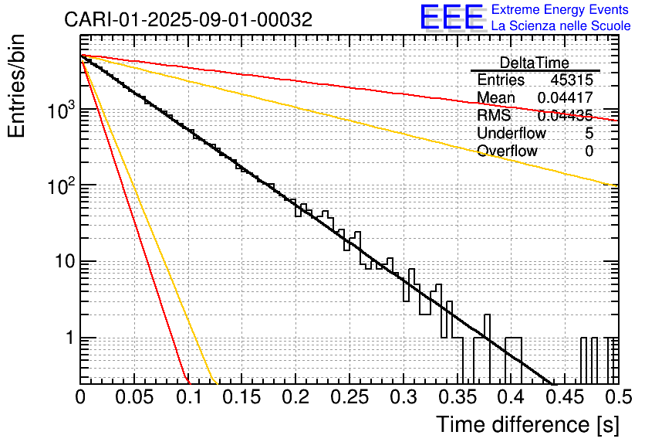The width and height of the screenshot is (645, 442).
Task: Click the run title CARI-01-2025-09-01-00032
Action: (x=188, y=20)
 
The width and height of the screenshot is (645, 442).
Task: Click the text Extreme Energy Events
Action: (x=560, y=9)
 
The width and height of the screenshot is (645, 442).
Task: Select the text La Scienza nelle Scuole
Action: (x=560, y=25)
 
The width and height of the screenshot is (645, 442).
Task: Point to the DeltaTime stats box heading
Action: (x=535, y=63)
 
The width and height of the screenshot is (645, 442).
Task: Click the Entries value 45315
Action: (x=572, y=80)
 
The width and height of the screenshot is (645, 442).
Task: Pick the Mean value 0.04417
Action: (x=565, y=97)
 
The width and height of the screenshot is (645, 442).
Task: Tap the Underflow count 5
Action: (x=589, y=133)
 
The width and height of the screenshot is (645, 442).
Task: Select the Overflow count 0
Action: (x=589, y=151)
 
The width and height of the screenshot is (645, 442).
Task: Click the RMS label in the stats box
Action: (x=494, y=115)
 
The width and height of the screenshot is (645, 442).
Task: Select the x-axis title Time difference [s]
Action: (x=527, y=424)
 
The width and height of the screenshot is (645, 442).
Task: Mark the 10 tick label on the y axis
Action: (x=64, y=262)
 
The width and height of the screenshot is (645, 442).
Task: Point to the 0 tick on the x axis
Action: (x=80, y=397)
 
